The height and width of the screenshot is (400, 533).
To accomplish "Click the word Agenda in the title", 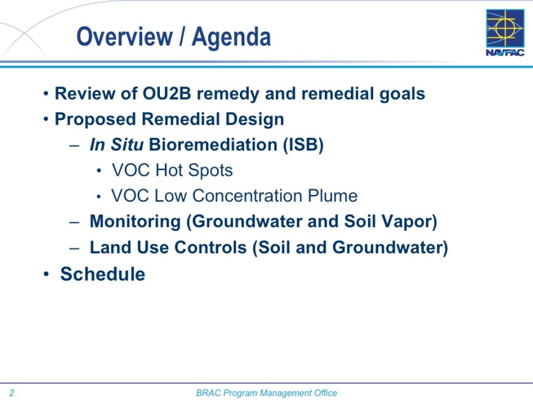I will click(232, 37).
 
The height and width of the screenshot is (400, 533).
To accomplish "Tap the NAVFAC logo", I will click(505, 33).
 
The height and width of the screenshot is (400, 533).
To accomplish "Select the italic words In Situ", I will click(117, 145).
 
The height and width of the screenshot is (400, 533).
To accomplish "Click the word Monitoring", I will click(135, 222).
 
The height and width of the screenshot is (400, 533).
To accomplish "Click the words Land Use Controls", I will click(168, 248).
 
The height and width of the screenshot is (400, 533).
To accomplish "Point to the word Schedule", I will click(103, 274).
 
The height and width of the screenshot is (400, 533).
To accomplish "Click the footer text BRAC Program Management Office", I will click(266, 393).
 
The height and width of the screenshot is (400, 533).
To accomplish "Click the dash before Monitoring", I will click(75, 222).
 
